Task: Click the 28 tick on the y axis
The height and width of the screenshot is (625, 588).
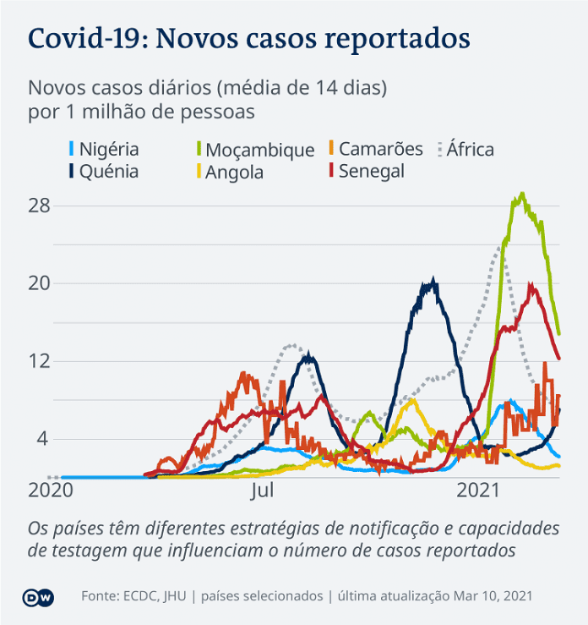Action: coord(40,206)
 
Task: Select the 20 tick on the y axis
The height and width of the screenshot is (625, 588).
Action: coord(40,283)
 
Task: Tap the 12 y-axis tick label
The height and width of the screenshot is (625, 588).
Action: coord(40,361)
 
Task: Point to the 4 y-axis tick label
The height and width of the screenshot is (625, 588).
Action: coord(45,439)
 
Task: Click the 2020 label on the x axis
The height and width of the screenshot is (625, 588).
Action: coord(51,491)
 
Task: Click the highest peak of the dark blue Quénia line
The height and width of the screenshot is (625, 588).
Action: coord(433,280)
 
